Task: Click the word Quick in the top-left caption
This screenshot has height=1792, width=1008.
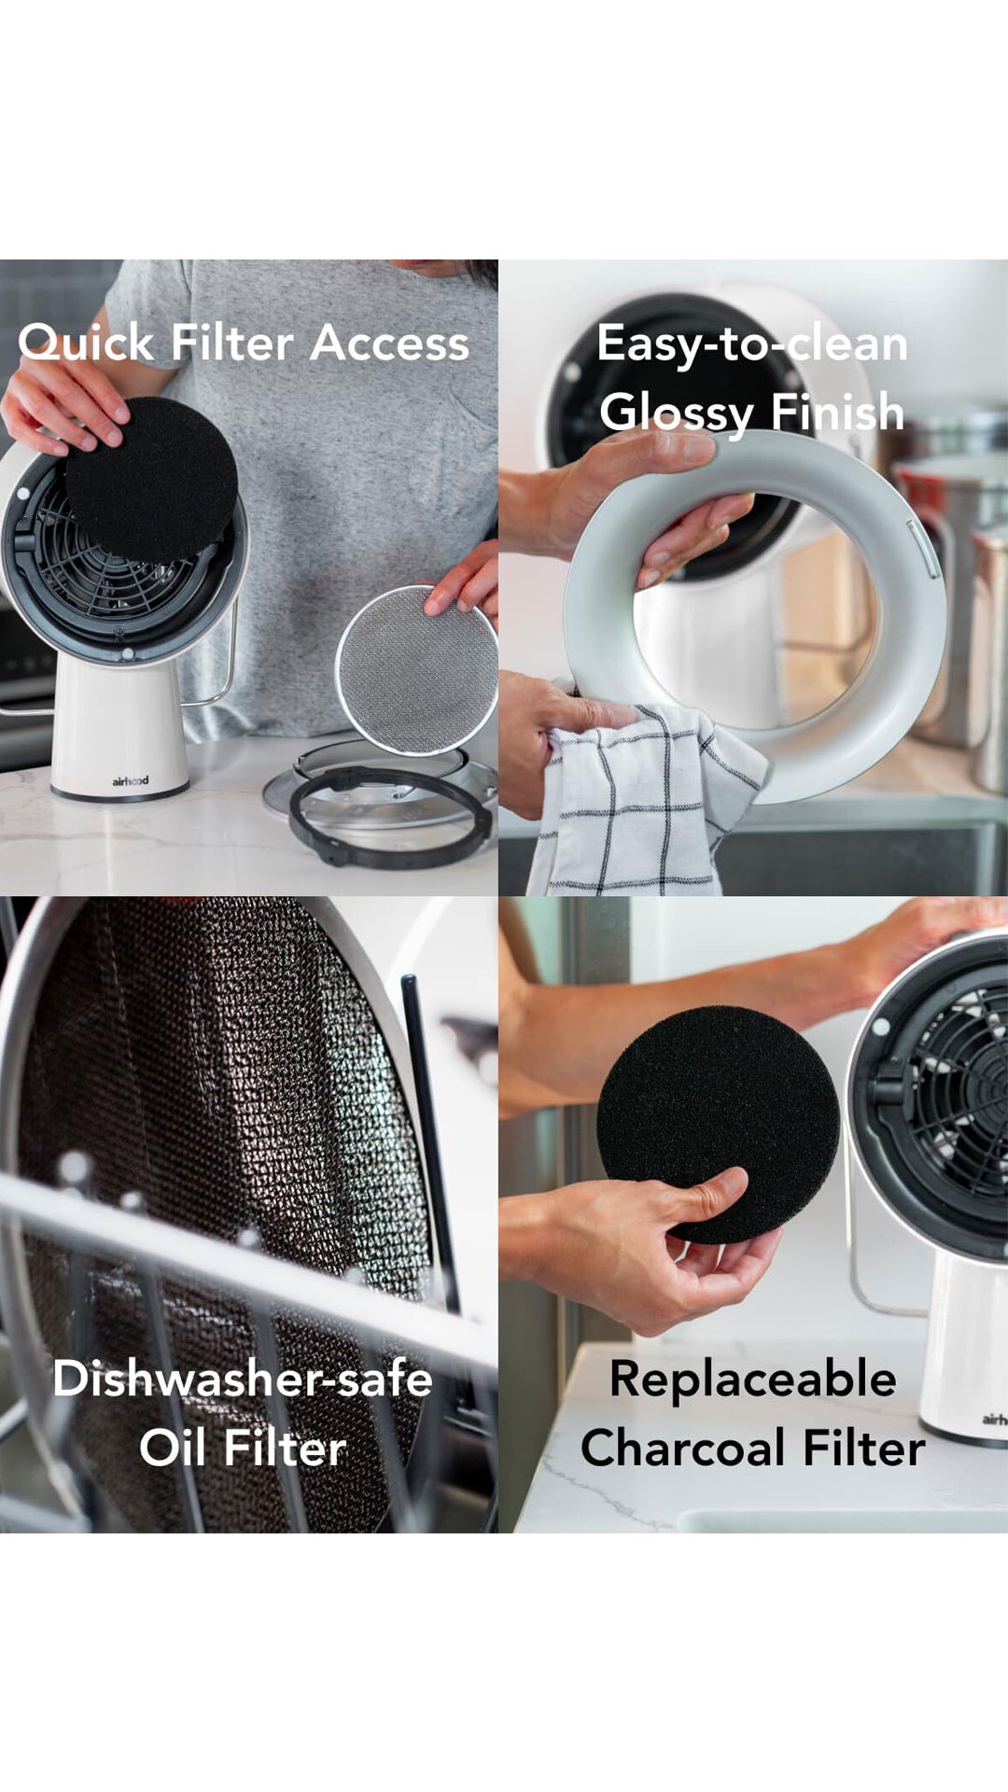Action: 86,343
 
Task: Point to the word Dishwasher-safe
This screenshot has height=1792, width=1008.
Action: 243,1379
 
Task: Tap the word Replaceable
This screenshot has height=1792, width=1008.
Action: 752,1379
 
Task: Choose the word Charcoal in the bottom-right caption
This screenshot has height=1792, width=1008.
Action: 682,1449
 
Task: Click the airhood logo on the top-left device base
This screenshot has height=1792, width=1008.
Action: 130,780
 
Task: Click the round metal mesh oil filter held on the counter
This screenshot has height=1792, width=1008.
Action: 415,668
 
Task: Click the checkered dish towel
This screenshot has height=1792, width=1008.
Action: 649,803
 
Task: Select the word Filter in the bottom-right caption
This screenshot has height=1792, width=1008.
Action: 863,1449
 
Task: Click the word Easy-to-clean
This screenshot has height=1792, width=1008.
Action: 752,343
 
